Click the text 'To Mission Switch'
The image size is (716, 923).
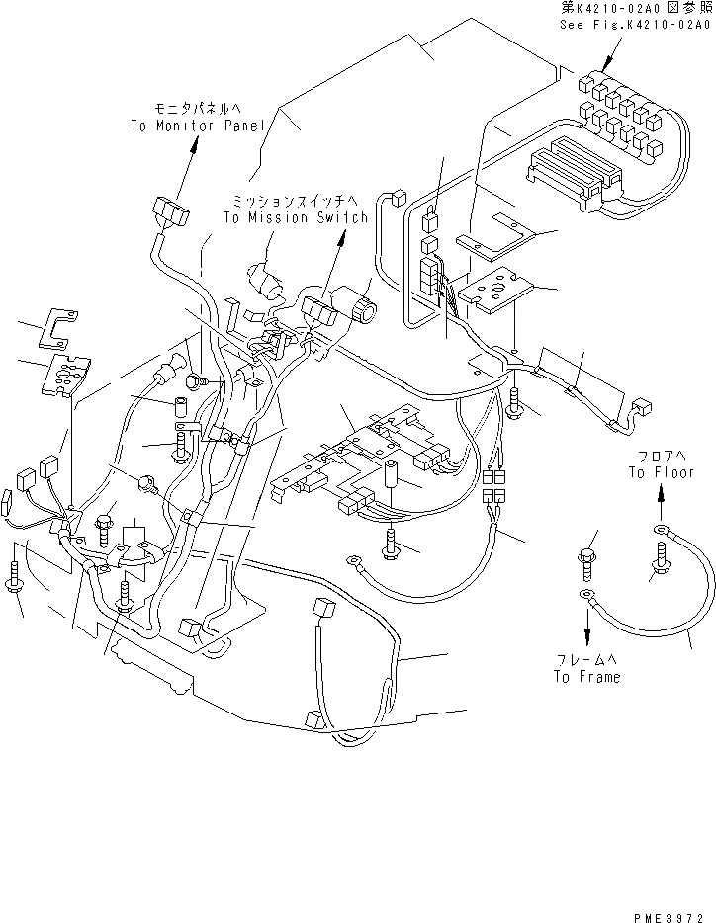click(296, 216)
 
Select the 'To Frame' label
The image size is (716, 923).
click(586, 677)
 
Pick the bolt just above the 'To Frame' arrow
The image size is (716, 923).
click(585, 559)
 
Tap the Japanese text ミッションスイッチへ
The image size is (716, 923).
click(296, 201)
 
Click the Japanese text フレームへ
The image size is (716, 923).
click(586, 660)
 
